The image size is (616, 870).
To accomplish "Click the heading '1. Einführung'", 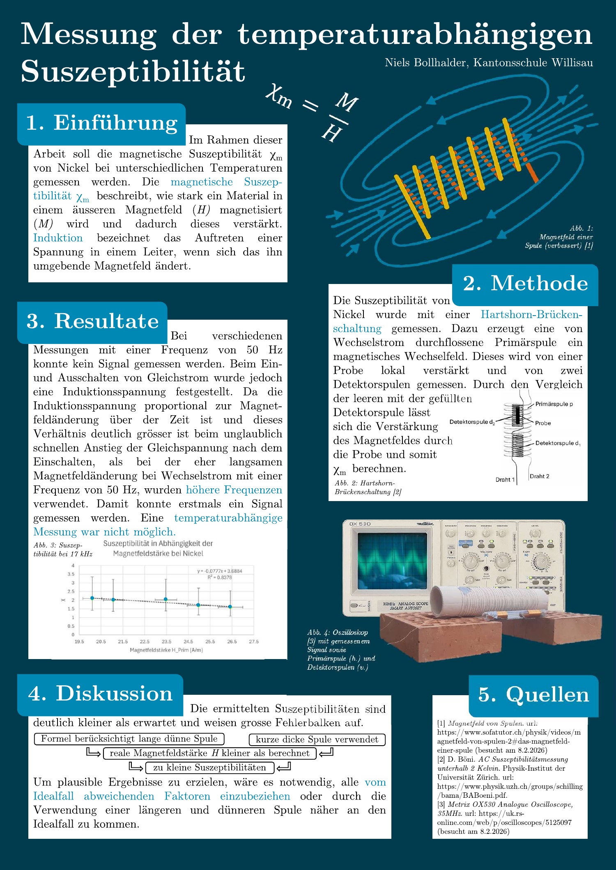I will click(x=101, y=123).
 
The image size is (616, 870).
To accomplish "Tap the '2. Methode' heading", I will click(x=525, y=284).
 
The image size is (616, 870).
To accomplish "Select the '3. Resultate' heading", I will click(x=92, y=321).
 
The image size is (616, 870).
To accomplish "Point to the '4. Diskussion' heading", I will click(x=100, y=694).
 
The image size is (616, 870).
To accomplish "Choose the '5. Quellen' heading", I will click(x=533, y=695).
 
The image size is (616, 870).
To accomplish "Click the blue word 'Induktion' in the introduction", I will click(x=58, y=238).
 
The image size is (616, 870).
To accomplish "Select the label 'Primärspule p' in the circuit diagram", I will click(x=554, y=404).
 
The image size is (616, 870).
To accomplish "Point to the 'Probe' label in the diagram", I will click(x=542, y=423).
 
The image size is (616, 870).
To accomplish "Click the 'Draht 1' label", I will click(x=505, y=479).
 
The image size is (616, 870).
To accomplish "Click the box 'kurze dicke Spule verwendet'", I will click(x=317, y=739).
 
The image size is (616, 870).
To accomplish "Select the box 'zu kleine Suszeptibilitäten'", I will click(x=209, y=767).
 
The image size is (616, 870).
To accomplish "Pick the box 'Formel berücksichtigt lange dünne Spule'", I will click(x=129, y=739).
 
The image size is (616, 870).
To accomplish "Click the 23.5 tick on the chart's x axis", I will click(x=166, y=641).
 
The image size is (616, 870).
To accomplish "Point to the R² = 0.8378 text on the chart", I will click(x=220, y=577).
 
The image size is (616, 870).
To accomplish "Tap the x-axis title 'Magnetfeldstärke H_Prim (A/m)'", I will click(x=166, y=650).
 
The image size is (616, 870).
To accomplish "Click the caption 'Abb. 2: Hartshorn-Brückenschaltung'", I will click(x=367, y=488).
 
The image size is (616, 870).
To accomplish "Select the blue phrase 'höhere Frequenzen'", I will click(x=234, y=490).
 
